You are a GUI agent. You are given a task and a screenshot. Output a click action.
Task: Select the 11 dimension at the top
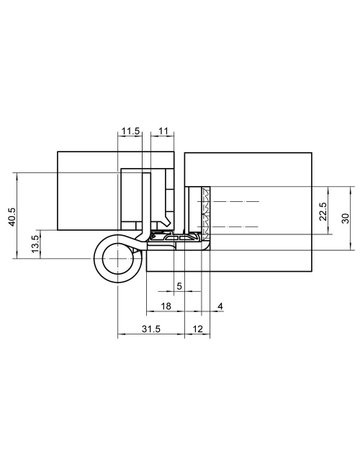tap(165, 130)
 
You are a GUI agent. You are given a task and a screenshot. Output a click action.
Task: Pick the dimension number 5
tap(179, 285)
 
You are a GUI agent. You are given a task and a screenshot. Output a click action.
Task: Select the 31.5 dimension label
tap(152, 329)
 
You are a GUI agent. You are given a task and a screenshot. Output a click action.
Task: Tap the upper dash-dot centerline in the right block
tap(240, 203)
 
